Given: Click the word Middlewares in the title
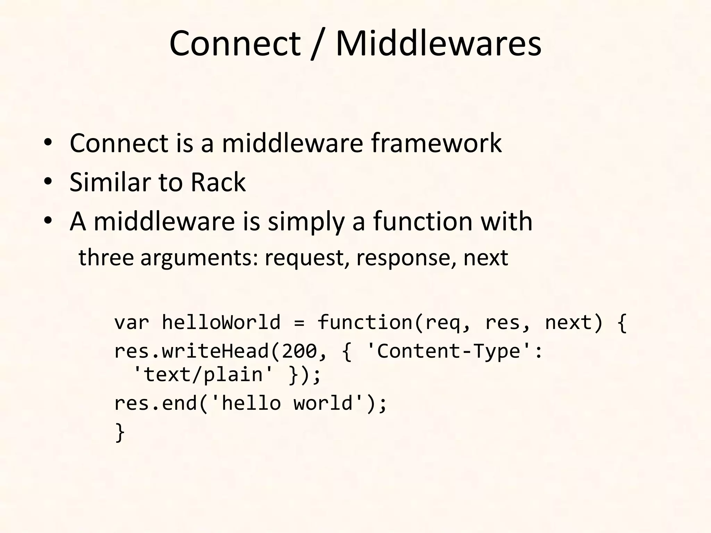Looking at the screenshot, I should click(438, 44).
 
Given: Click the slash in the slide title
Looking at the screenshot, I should click(317, 44).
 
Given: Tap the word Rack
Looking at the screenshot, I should click(218, 182).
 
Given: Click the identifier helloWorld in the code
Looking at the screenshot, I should click(221, 322).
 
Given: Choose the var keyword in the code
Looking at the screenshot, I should click(132, 322).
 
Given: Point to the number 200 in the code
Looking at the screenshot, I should click(299, 351).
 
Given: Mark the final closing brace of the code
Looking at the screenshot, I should click(120, 432).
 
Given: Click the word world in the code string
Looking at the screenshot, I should click(323, 403).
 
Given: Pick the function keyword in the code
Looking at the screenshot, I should click(365, 322).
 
